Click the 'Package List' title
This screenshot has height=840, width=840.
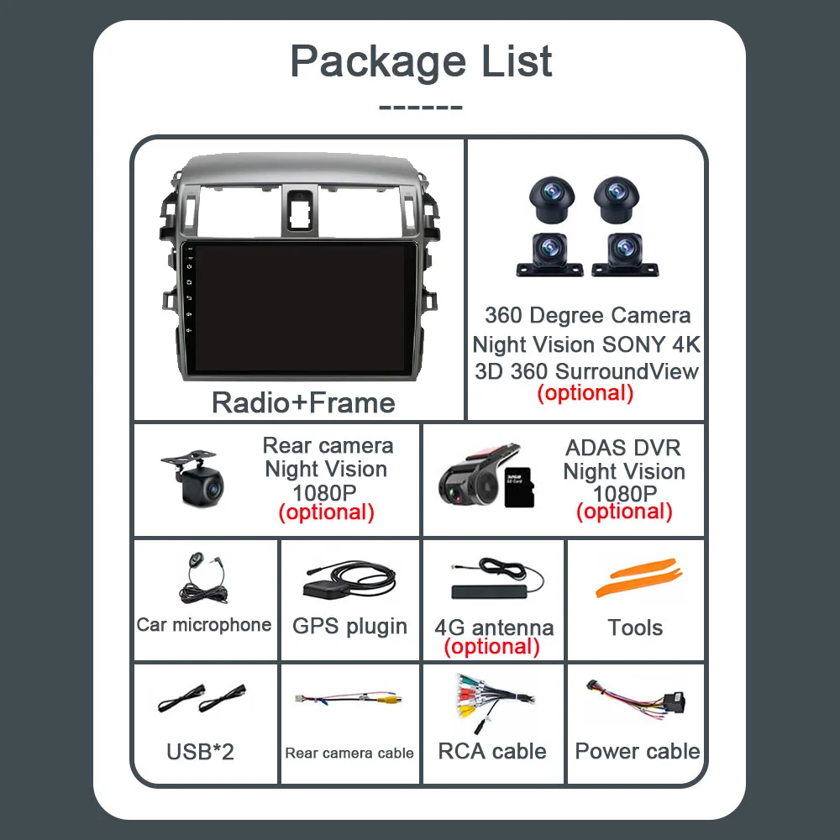click(x=421, y=61)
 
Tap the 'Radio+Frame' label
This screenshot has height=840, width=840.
click(x=303, y=402)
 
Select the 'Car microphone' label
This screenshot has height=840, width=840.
click(x=204, y=624)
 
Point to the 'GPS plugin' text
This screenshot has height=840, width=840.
click(x=349, y=626)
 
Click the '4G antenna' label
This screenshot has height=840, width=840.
click(x=494, y=627)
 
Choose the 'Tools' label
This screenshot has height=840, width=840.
click(x=635, y=627)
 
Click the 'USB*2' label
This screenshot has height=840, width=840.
click(x=200, y=751)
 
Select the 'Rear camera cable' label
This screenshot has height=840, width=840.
click(x=349, y=753)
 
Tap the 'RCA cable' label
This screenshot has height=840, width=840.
click(x=492, y=751)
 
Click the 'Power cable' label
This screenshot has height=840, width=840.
click(x=638, y=751)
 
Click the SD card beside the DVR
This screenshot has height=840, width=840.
click(x=513, y=486)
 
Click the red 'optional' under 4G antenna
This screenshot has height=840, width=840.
click(x=492, y=647)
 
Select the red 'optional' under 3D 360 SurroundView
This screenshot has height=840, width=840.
click(x=585, y=392)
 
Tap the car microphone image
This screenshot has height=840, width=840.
click(x=202, y=580)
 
